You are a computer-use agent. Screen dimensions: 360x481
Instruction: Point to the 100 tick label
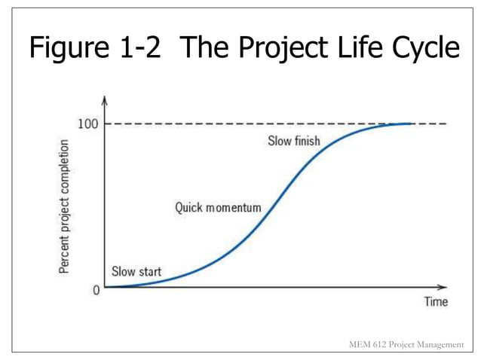(x=86, y=124)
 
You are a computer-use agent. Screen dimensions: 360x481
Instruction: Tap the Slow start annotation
(x=136, y=271)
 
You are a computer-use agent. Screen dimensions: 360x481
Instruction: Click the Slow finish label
(x=295, y=141)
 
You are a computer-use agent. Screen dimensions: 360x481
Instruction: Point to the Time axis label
(x=434, y=302)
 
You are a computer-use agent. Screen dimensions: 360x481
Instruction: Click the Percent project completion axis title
(x=66, y=206)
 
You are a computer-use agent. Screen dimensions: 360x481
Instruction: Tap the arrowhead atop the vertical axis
(x=105, y=100)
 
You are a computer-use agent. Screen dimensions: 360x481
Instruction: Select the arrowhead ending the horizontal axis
(x=443, y=287)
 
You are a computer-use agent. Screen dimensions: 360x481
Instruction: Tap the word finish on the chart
(x=307, y=141)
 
